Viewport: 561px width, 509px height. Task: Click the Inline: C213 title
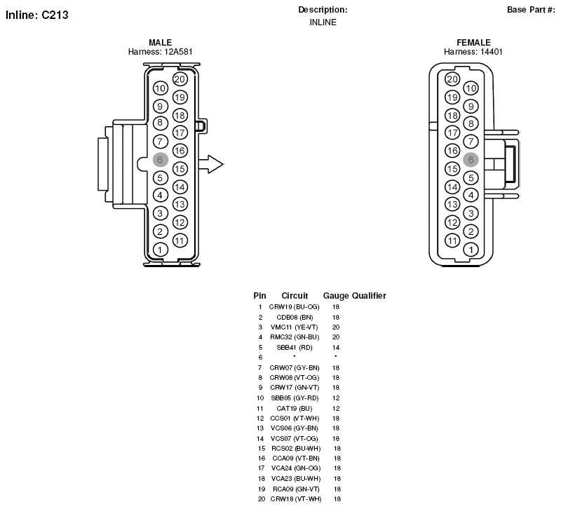37,15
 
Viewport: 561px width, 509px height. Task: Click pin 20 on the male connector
180,79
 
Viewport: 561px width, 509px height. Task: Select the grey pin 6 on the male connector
161,160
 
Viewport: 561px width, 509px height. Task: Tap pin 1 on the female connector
471,250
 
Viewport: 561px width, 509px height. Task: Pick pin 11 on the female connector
452,240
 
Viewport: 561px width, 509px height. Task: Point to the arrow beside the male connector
211,165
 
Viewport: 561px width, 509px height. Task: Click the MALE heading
161,43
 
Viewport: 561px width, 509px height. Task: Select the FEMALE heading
474,43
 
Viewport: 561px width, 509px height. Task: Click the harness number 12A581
178,52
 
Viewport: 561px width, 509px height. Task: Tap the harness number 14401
492,52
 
